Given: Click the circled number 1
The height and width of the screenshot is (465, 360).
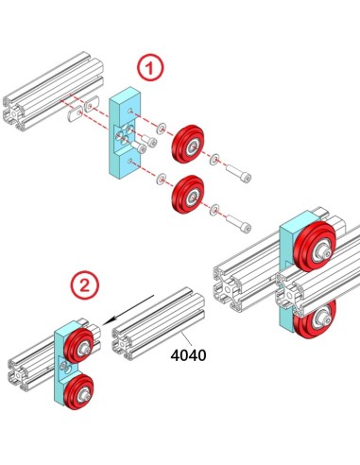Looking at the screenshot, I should (150, 68).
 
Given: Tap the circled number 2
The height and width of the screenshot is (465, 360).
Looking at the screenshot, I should (85, 283).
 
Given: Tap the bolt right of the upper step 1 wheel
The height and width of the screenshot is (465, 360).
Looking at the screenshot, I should (238, 174).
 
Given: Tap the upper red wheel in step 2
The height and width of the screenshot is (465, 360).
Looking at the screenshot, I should (76, 346).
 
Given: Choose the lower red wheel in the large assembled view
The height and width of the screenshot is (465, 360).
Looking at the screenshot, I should (313, 324).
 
